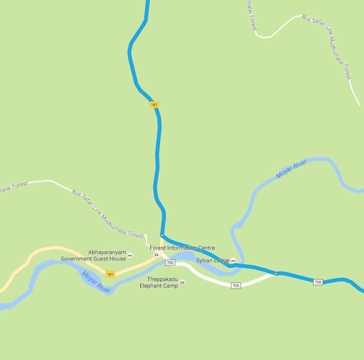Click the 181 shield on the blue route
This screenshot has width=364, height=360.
tap(154, 105)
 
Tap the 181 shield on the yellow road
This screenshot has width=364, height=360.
tap(110, 274)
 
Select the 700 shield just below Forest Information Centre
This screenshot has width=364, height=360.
tap(171, 262)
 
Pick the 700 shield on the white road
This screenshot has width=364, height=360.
tap(236, 286)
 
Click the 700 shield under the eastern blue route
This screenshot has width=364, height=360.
tap(318, 283)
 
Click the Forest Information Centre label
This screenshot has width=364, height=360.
tap(182, 248)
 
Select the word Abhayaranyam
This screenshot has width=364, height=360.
tap(107, 252)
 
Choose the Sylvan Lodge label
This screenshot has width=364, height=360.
tap(213, 261)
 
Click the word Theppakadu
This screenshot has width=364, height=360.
tap(162, 279)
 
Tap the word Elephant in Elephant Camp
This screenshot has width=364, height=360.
tap(151, 286)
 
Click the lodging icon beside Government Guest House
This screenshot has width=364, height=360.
tap(130, 255)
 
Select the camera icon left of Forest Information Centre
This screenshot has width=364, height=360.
tap(156, 255)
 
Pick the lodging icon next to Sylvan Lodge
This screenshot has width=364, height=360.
tap(233, 261)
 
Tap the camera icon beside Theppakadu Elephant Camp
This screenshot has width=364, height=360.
tap(182, 283)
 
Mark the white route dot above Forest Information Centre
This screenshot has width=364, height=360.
tap(161, 235)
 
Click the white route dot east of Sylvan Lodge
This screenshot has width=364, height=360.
tap(275, 273)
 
